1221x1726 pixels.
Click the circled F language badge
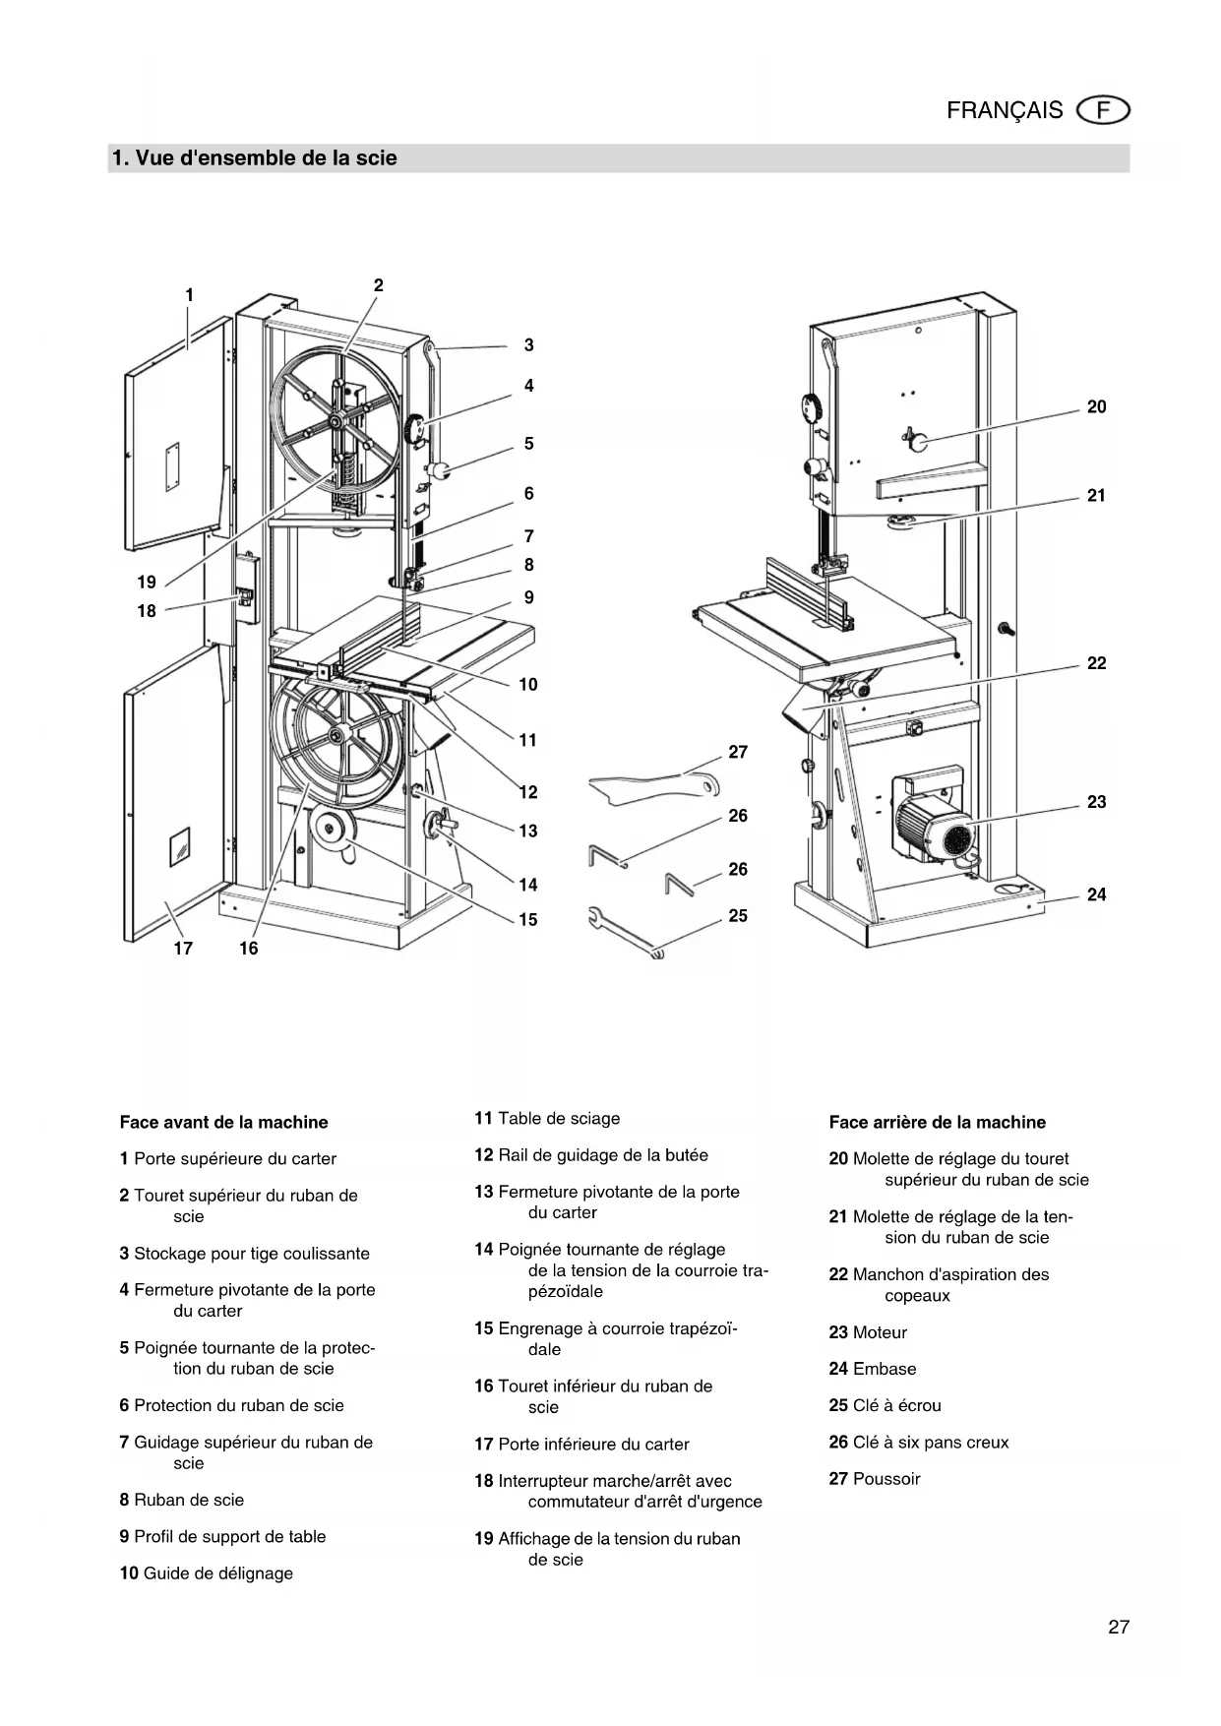[x=1104, y=110]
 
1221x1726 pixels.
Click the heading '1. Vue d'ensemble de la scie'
[x=255, y=158]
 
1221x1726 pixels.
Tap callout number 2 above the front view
[x=379, y=285]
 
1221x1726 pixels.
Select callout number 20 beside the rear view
[x=1096, y=407]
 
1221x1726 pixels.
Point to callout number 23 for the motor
[x=1096, y=802]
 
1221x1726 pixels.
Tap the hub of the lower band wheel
[x=336, y=736]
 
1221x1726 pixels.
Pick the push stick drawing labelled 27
[x=649, y=785]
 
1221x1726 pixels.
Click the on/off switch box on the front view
[x=244, y=594]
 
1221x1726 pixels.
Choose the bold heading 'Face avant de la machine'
[x=223, y=1122]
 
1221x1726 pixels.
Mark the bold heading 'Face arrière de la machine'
[x=937, y=1122]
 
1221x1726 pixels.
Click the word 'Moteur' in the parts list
[x=880, y=1332]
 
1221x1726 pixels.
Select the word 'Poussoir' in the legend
[x=886, y=1478]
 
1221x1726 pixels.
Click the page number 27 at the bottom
[x=1119, y=1627]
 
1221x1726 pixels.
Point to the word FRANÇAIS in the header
[x=1005, y=110]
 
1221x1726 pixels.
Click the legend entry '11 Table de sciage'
[x=547, y=1118]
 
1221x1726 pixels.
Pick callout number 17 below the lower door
[x=183, y=949]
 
